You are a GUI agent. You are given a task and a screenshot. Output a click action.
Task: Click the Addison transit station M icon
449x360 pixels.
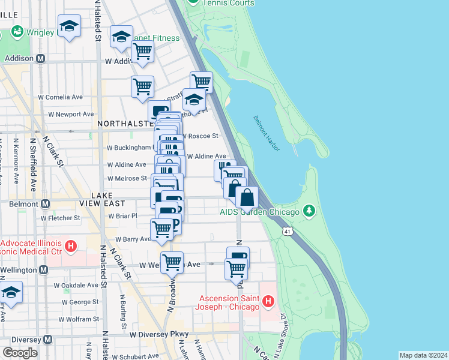point(41,59)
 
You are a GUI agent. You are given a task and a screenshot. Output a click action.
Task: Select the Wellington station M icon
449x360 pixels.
point(43,270)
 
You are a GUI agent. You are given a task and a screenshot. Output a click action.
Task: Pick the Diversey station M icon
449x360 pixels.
point(46,338)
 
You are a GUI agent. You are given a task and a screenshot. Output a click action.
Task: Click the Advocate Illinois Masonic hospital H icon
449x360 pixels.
point(71,246)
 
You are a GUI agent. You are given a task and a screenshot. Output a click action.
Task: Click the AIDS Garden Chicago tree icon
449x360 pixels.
point(309,211)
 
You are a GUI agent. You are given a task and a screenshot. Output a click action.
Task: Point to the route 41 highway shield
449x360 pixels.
point(289,230)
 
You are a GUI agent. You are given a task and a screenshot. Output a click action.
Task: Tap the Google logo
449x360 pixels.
point(20,352)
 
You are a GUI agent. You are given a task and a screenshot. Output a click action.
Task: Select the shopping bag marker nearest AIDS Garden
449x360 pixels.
point(247,196)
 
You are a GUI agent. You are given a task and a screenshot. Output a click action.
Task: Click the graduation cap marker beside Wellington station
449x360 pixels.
point(11,293)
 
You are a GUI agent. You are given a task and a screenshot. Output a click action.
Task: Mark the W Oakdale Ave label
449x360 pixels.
point(76,286)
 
